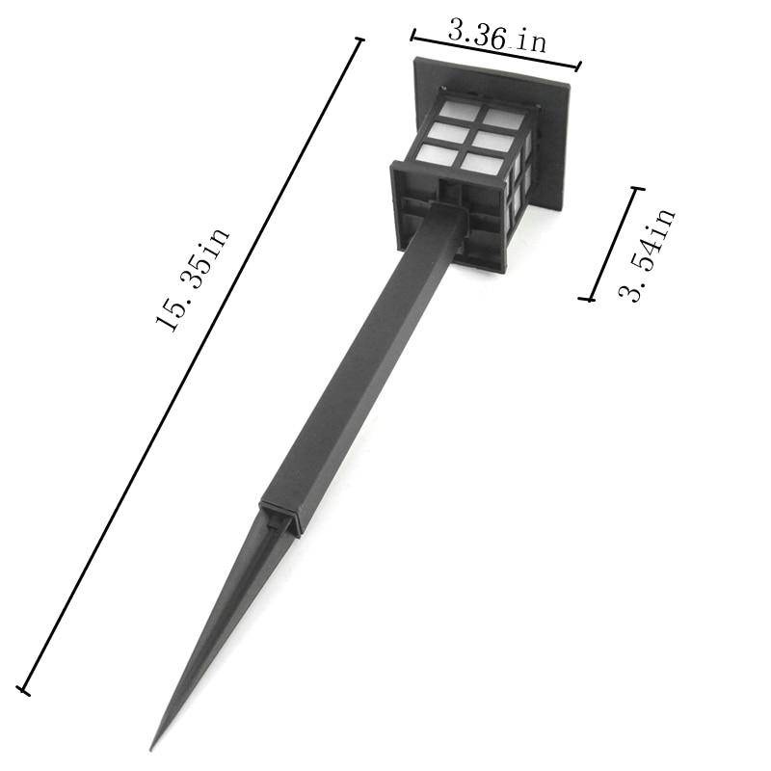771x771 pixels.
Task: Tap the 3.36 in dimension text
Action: coord(497,36)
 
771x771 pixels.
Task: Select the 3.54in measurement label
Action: coord(647,255)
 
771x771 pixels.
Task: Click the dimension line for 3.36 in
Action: coord(495,53)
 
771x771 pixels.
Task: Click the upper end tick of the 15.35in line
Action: coord(360,40)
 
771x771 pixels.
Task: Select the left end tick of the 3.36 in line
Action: coord(413,37)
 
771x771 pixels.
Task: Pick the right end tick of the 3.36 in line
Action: coord(578,67)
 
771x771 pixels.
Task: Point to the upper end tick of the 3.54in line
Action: coord(636,189)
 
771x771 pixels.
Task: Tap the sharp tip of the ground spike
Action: coord(152,746)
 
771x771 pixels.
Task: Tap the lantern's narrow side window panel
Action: coord(520,178)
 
